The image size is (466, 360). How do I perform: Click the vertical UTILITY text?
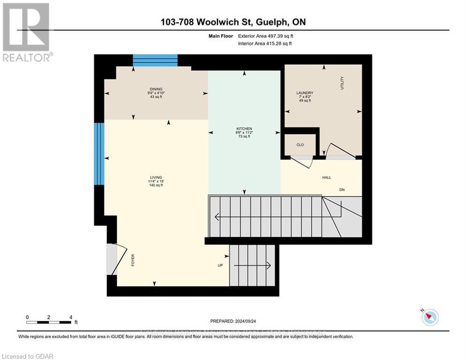(x=342, y=83)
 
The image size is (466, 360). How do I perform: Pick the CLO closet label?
(x=300, y=145)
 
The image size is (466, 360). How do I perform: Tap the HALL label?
(x=326, y=178)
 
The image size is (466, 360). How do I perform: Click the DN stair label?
(x=342, y=190)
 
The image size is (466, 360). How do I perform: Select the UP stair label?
(x=220, y=265)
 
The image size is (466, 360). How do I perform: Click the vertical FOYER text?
(x=133, y=261)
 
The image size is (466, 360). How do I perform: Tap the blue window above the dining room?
(x=155, y=60)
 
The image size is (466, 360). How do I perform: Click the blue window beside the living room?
(x=99, y=154)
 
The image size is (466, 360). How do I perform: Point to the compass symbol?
(x=429, y=317)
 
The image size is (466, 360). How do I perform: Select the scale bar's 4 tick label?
(x=71, y=317)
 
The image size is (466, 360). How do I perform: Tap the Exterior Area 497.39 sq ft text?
(x=266, y=36)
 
